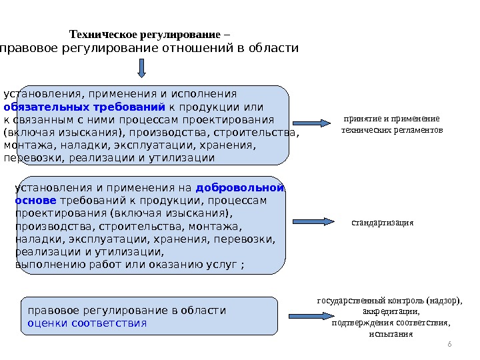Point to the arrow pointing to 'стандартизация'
coord(313,222)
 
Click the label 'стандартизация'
coord(382,222)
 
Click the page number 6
coord(449,343)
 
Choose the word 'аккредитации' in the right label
coord(391,311)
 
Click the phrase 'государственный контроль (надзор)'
coord(390,299)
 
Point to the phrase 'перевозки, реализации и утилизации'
coord(109,158)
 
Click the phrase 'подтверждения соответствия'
coord(390,322)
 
